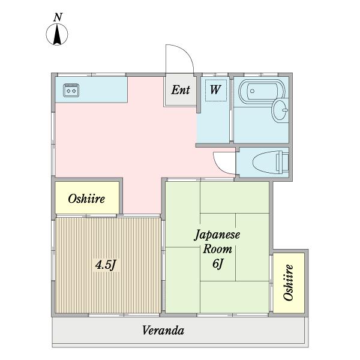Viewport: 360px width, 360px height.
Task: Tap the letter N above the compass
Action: (x=58, y=18)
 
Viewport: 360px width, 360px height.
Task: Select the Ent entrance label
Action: (x=181, y=91)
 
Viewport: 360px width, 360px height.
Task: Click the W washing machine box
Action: (x=215, y=91)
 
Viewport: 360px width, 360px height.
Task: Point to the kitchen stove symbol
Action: (x=71, y=90)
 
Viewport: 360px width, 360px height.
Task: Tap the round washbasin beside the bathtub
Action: (x=280, y=110)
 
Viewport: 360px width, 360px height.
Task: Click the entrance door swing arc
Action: (x=181, y=59)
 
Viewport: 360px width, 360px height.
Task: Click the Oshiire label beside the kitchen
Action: (x=86, y=199)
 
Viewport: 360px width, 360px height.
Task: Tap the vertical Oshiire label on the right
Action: (x=289, y=283)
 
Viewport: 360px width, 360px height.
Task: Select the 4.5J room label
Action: (x=106, y=265)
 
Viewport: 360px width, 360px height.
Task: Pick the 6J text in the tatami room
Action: (x=217, y=265)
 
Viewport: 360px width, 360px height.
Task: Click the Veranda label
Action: (x=163, y=331)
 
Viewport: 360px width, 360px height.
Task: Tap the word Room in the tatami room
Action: (x=217, y=250)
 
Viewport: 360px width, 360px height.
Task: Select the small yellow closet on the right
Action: (x=289, y=283)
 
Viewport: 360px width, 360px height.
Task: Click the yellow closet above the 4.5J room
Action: (x=88, y=198)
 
